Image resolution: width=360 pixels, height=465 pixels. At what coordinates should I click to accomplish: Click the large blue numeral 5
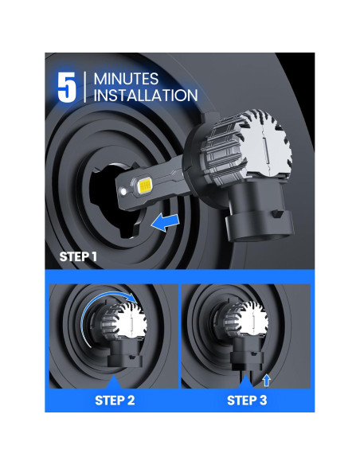click(x=66, y=88)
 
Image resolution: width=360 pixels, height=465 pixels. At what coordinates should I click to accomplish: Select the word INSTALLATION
click(x=146, y=96)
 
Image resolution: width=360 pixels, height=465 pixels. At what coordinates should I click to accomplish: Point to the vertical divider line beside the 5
click(x=84, y=87)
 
